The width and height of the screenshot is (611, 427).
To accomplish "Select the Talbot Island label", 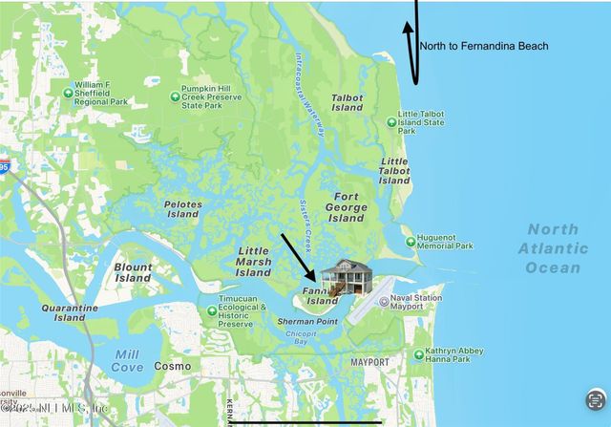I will (x=347, y=102).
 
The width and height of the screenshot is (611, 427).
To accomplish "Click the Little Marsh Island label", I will (x=254, y=261).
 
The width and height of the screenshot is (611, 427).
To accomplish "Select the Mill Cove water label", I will (x=127, y=360).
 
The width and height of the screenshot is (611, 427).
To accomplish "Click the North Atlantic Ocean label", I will (x=553, y=248).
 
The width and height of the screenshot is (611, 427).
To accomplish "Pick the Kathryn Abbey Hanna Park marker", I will (x=418, y=354).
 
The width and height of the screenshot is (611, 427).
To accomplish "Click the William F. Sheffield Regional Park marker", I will (x=68, y=93).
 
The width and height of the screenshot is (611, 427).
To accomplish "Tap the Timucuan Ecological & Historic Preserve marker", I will (x=212, y=310).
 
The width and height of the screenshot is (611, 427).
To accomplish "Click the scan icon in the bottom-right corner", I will (x=595, y=398).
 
